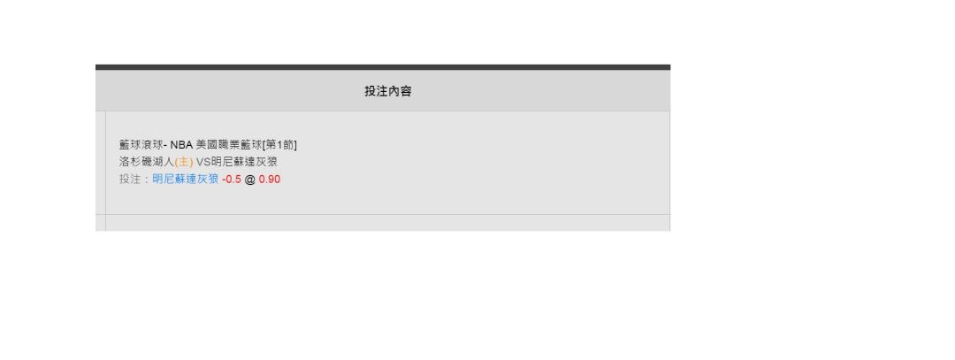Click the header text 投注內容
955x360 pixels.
pyautogui.click(x=388, y=91)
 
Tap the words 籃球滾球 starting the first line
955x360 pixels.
pyautogui.click(x=141, y=145)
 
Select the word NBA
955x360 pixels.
pyautogui.click(x=181, y=145)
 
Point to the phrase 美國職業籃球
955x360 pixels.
pyautogui.click(x=228, y=145)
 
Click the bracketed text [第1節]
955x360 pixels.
pyautogui.click(x=279, y=145)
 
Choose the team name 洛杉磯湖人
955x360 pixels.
pyautogui.click(x=147, y=162)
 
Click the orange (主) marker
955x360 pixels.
pyautogui.click(x=184, y=162)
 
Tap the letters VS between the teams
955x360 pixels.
pyautogui.click(x=202, y=162)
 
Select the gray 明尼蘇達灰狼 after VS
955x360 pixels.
pyautogui.click(x=244, y=162)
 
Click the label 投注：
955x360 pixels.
pyautogui.click(x=135, y=179)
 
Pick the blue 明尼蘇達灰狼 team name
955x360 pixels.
pyautogui.click(x=185, y=179)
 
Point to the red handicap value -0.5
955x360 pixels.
pyautogui.click(x=232, y=179)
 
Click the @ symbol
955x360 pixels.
pyautogui.click(x=249, y=179)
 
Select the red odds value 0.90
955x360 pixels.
pyautogui.click(x=269, y=179)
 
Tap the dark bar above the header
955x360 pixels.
pyautogui.click(x=383, y=67)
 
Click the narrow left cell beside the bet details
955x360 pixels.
pyautogui.click(x=101, y=162)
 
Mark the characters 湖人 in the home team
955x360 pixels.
pyautogui.click(x=164, y=162)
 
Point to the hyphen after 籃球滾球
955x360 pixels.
pyautogui.click(x=165, y=146)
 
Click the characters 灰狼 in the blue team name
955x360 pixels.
pyautogui.click(x=208, y=179)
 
